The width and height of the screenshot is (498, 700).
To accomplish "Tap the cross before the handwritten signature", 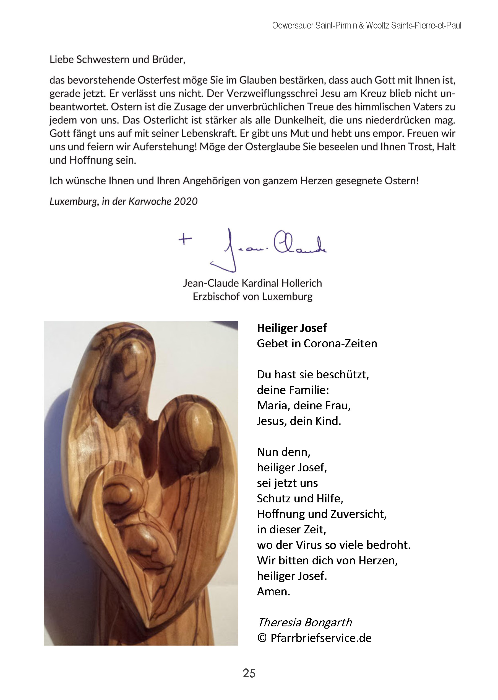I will [185, 239].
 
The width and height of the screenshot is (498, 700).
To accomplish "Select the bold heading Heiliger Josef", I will [292, 328].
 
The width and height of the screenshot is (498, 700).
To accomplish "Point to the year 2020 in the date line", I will [186, 201].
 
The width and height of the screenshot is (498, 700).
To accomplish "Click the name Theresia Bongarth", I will [304, 622].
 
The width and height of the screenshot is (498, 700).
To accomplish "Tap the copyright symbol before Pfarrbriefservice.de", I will [262, 638].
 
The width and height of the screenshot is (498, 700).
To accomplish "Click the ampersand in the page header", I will [361, 25].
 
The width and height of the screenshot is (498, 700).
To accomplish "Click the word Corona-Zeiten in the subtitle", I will [340, 343].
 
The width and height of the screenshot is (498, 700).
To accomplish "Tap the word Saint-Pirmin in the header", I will [336, 25].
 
